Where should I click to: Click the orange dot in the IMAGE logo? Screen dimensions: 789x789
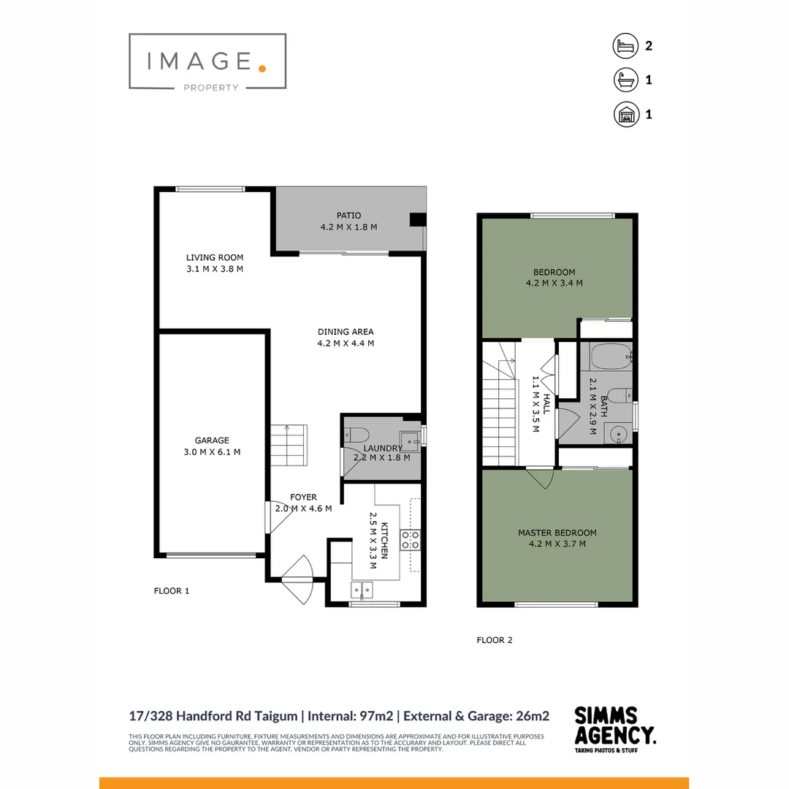(x=262, y=68)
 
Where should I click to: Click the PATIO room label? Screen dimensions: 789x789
(x=348, y=216)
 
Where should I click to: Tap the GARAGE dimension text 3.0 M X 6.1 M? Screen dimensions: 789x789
(x=212, y=452)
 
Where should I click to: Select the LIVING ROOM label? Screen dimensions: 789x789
(x=214, y=257)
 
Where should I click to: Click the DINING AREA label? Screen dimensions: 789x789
(x=346, y=332)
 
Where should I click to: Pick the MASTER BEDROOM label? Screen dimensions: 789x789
(x=557, y=533)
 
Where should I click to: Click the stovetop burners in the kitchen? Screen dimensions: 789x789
(x=410, y=540)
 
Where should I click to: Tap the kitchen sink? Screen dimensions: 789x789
(x=362, y=590)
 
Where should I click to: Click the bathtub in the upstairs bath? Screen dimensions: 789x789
(x=611, y=359)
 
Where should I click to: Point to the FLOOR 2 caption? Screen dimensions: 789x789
(x=495, y=640)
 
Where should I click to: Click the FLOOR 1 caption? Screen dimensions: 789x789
(x=172, y=591)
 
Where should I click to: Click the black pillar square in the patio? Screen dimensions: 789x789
(x=416, y=219)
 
